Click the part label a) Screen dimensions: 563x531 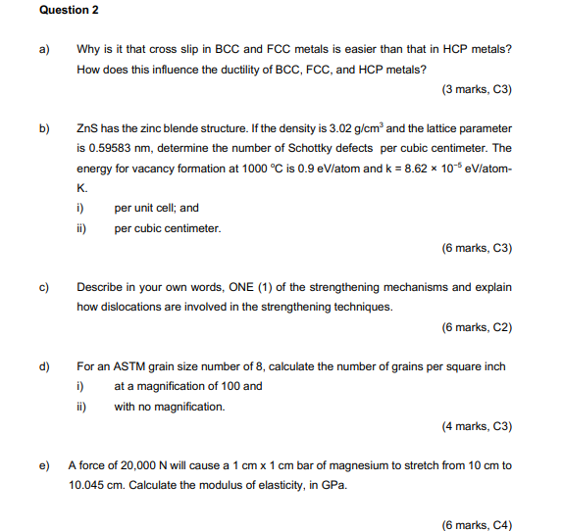pos(44,49)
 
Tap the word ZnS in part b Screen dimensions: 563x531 pos(87,128)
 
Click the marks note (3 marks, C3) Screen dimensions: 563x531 pos(478,89)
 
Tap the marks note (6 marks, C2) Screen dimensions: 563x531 pos(478,327)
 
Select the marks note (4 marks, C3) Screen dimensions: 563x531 pos(478,427)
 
